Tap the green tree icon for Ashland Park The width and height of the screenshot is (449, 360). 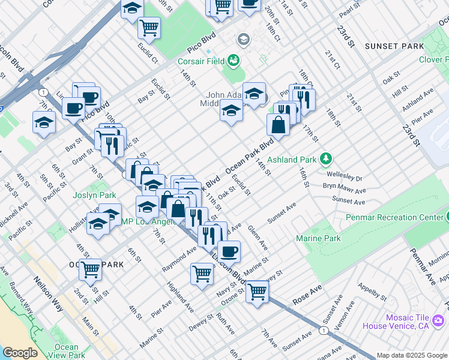coord(325,159)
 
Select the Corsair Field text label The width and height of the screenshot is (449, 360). coord(200,61)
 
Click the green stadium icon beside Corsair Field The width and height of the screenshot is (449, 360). coord(233,60)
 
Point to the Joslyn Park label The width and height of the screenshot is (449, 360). coord(94,195)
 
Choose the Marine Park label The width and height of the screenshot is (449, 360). coord(318,238)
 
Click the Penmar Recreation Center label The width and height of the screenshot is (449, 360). coord(394,217)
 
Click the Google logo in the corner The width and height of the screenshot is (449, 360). coord(20,353)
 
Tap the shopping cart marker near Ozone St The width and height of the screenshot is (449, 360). coord(257,292)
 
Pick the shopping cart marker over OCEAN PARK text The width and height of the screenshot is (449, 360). coord(91,269)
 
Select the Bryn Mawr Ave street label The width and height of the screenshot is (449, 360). coord(344,188)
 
